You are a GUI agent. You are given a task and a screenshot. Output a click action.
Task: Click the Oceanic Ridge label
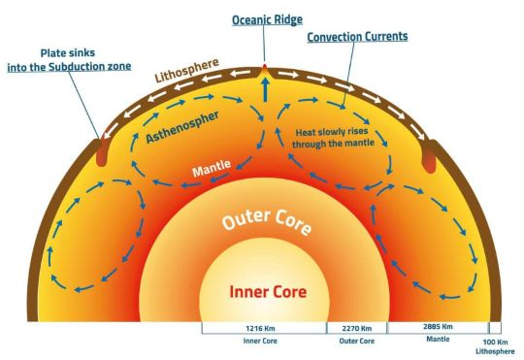tap(267, 20)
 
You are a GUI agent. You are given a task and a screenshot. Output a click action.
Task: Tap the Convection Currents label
tap(357, 37)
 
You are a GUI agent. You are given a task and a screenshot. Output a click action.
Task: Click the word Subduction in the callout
tap(76, 67)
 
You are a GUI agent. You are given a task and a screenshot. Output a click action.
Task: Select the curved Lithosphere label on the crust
tap(187, 70)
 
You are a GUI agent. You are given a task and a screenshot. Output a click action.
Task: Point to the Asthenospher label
tap(182, 128)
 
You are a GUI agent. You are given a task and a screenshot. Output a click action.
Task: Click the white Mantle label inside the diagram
tap(212, 168)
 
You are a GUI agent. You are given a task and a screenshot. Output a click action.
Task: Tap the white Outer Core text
tap(267, 221)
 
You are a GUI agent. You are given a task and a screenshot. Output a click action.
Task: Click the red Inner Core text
tap(268, 292)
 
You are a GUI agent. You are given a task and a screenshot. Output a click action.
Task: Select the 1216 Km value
tap(260, 329)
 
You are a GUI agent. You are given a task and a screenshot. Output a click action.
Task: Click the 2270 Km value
tap(356, 329)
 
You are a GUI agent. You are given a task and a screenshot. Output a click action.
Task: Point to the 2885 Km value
tap(438, 327)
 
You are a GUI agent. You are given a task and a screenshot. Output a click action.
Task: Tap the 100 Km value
tap(495, 343)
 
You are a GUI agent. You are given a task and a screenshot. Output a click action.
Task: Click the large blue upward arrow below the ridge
tap(265, 89)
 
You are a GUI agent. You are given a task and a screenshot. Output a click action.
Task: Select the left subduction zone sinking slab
tap(101, 152)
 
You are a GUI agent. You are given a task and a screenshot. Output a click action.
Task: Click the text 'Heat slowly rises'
tap(332, 132)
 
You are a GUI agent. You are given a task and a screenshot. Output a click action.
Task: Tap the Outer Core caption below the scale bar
tap(356, 341)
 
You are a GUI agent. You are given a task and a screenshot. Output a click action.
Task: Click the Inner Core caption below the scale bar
tap(260, 341)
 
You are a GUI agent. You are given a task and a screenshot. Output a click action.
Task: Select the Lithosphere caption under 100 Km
tap(495, 351)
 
